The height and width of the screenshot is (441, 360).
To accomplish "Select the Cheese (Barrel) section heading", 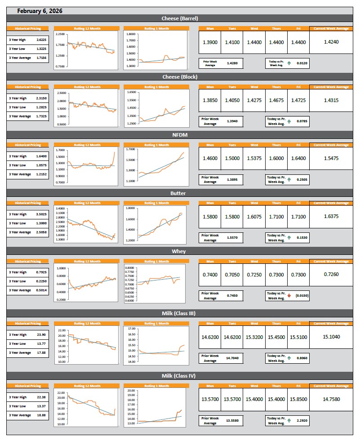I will (180, 18).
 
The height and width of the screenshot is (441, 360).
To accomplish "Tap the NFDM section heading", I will (180, 135).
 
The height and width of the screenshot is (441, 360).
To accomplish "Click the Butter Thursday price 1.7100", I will (276, 217).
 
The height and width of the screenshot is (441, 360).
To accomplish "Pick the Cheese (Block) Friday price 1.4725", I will (298, 100).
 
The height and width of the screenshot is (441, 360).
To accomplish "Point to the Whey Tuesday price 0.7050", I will (232, 275).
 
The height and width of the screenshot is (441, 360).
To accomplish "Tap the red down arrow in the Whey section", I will (289, 296).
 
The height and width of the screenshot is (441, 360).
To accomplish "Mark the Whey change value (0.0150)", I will (302, 296).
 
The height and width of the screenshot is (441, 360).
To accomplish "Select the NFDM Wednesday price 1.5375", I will (254, 158).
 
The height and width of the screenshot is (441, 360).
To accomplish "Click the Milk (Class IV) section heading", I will (180, 376).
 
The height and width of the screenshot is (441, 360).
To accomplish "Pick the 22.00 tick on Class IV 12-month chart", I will (61, 392).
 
